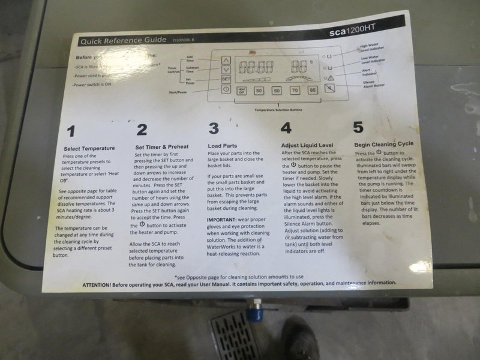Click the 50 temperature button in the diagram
click(259, 91)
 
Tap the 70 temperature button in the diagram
click(295, 91)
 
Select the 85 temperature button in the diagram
click(312, 90)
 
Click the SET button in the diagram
click(226, 78)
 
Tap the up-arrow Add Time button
click(226, 60)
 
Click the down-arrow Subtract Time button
click(226, 69)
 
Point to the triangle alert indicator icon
click(329, 77)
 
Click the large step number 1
click(71, 131)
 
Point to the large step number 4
click(286, 128)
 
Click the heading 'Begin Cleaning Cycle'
click(383, 145)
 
